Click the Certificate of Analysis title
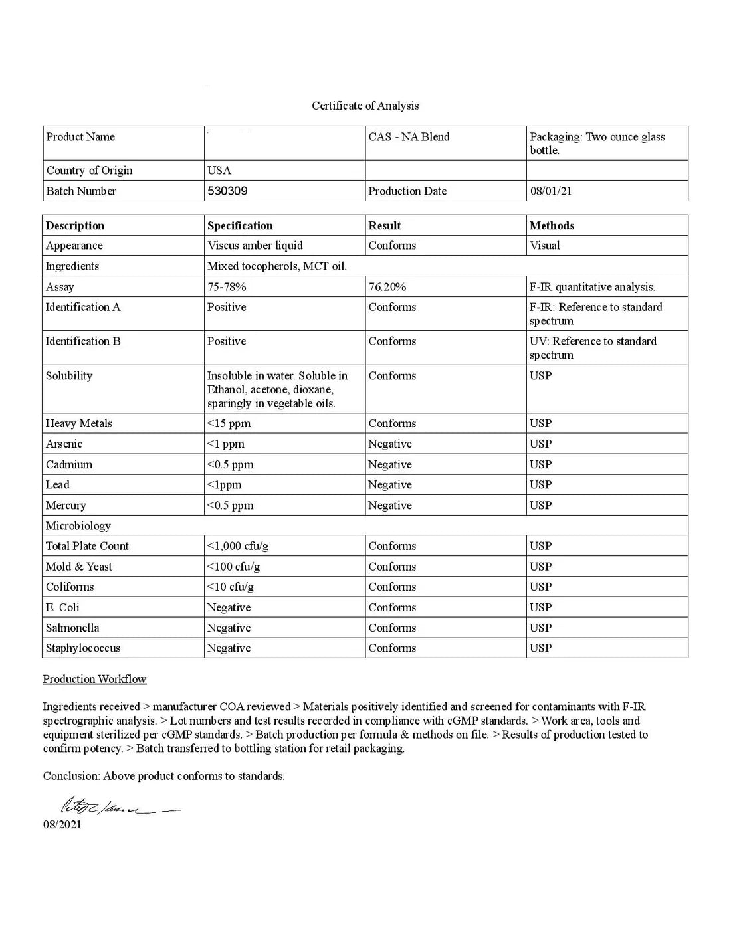point(365,106)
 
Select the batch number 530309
point(227,191)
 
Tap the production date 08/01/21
point(550,191)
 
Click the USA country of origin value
point(219,171)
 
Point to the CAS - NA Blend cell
point(409,137)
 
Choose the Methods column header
point(552,225)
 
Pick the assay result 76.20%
point(387,287)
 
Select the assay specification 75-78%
point(227,287)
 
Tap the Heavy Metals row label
point(78,423)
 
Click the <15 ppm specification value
point(229,423)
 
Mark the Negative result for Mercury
point(389,506)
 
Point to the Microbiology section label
point(78,526)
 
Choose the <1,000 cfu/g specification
point(238,546)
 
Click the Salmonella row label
point(72,628)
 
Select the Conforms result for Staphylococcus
point(392,648)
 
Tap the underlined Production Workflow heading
point(94,679)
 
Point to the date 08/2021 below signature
point(62,824)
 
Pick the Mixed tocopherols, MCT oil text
point(276,266)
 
